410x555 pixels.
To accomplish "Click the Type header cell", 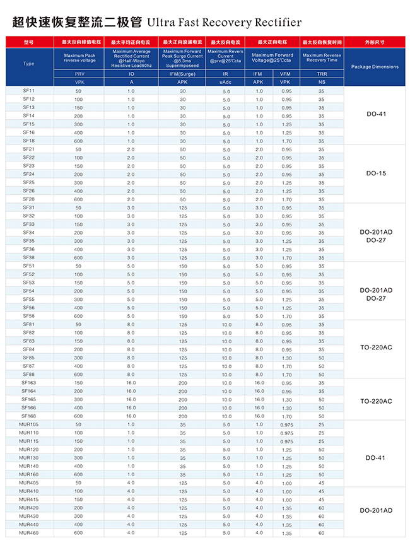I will pyautogui.click(x=29, y=64).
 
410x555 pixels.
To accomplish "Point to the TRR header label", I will pyautogui.click(x=322, y=74).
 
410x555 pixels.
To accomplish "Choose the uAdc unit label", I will pyautogui.click(x=225, y=83).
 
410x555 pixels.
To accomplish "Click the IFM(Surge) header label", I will pyautogui.click(x=182, y=74).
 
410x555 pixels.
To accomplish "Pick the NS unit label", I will pyautogui.click(x=322, y=83).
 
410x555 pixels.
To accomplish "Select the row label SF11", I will pyautogui.click(x=29, y=91).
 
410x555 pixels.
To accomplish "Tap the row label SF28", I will pyautogui.click(x=29, y=199).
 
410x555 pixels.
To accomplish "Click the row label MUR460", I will pyautogui.click(x=29, y=533).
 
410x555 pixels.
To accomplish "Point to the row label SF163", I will pyautogui.click(x=29, y=382).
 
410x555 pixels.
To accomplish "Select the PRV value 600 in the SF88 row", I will pyautogui.click(x=78, y=374).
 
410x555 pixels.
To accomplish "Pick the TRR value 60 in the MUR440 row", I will pyautogui.click(x=322, y=525).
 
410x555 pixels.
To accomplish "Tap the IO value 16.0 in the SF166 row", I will pyautogui.click(x=131, y=408).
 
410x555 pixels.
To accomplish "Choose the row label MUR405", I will pyautogui.click(x=29, y=482).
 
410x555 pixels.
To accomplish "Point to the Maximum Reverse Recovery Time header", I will pyautogui.click(x=322, y=57).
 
